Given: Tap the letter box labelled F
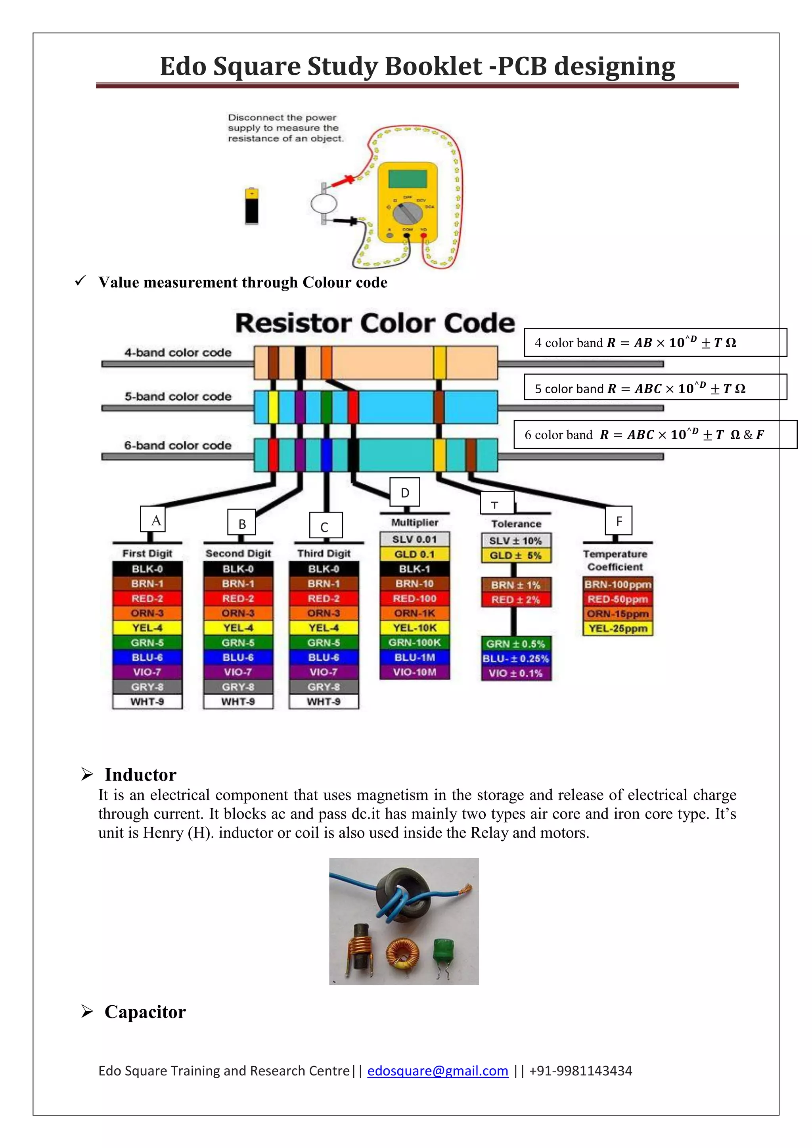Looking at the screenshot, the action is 619,521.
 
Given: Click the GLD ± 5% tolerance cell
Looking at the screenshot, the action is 515,555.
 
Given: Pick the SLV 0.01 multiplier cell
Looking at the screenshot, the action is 414,540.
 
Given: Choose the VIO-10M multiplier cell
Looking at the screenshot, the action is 414,672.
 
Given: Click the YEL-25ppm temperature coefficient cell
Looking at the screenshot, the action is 618,628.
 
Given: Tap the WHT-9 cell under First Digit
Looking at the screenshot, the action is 147,702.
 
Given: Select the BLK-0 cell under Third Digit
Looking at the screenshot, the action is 324,569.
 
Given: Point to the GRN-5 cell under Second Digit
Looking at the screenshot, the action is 238,643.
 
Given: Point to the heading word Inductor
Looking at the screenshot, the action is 140,775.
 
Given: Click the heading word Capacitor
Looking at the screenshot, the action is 145,1012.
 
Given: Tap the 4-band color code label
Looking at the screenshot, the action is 178,352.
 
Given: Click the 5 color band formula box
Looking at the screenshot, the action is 655,388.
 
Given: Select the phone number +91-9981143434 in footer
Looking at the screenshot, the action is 580,1070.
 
